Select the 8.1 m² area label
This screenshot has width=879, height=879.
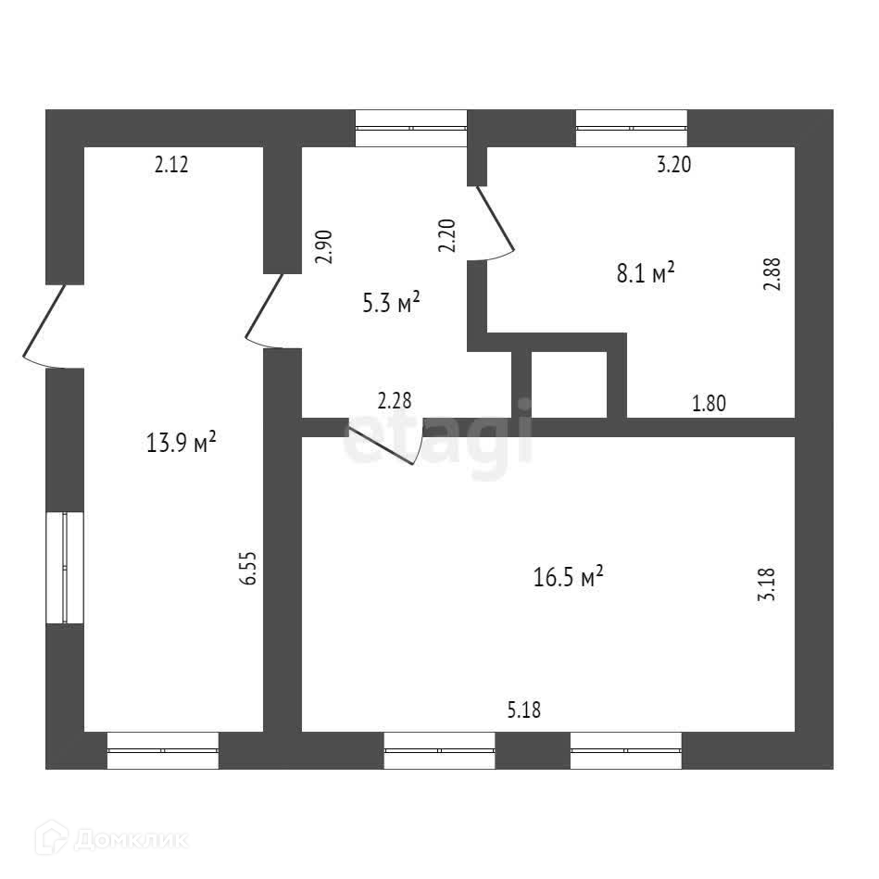(644, 273)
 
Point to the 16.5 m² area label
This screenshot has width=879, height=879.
(569, 577)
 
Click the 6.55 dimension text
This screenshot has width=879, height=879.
(247, 567)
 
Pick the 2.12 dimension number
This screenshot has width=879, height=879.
(171, 166)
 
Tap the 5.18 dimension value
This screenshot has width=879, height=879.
(523, 710)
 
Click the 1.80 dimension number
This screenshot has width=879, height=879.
(709, 403)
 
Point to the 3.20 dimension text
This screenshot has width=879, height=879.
(674, 166)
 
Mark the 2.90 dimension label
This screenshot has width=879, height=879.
(323, 247)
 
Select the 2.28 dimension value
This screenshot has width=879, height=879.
(395, 401)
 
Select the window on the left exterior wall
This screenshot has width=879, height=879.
(66, 567)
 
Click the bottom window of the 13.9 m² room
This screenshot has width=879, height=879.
(163, 750)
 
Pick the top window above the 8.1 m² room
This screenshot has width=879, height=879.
(632, 129)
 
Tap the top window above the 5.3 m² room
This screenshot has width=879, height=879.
(411, 129)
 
